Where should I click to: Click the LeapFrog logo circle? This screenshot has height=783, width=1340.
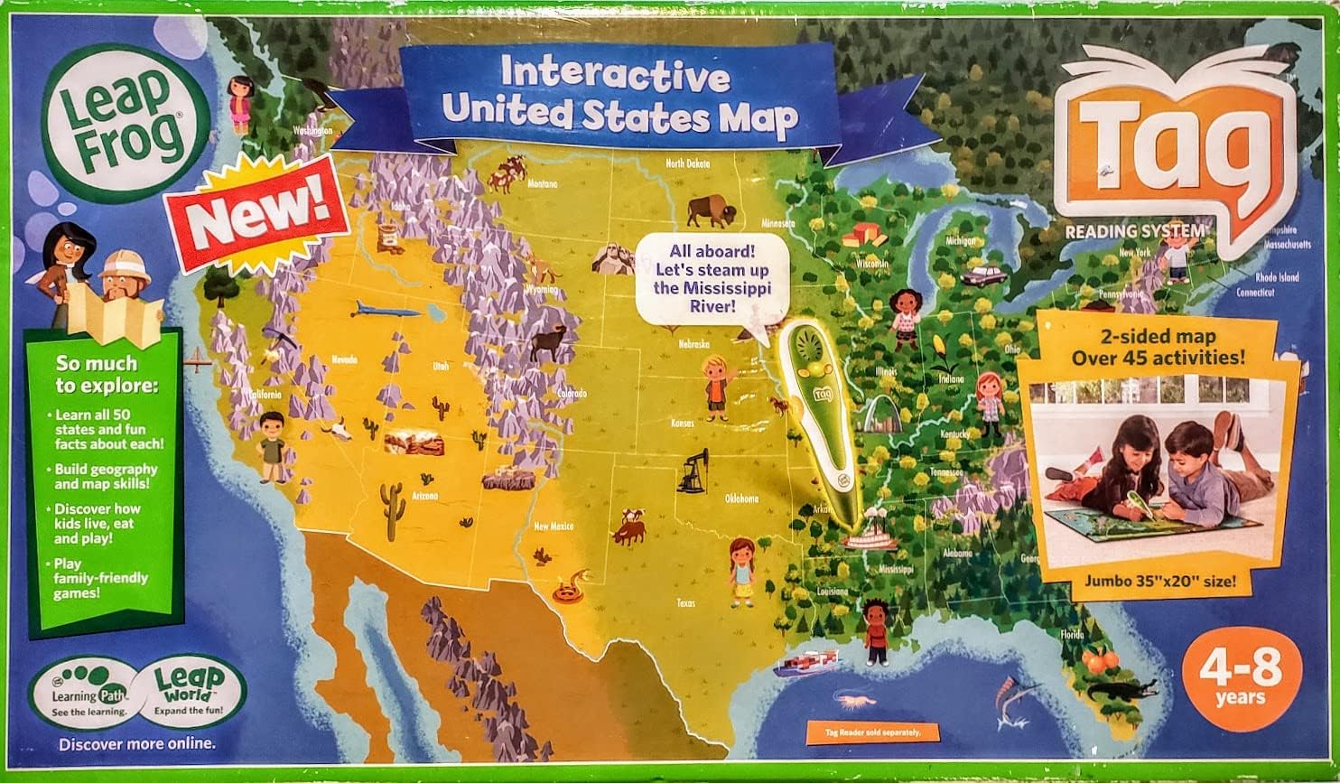[126, 123]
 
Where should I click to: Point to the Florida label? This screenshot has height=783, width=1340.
[1072, 635]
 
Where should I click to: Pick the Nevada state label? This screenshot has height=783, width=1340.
[344, 359]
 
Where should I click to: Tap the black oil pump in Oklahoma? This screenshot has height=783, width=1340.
[693, 471]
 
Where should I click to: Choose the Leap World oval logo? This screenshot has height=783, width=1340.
[194, 693]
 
